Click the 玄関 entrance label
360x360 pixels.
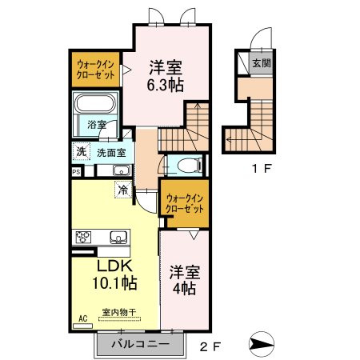click(262, 63)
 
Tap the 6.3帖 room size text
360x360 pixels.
click(166, 85)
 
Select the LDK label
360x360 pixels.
click(114, 266)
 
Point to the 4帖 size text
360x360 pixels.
click(184, 288)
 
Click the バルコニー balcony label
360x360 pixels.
click(140, 344)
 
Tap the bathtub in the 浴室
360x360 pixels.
click(95, 103)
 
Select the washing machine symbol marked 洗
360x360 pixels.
click(82, 151)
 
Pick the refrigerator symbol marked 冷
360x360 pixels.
click(123, 190)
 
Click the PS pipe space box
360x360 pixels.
click(76, 172)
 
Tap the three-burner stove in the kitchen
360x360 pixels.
click(83, 237)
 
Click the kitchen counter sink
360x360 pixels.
click(118, 237)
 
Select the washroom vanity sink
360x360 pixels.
click(122, 170)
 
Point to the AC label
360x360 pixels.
click(83, 318)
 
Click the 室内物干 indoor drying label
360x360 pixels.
click(119, 312)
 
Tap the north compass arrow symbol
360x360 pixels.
click(262, 344)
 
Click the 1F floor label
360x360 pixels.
click(262, 169)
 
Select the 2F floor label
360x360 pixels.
click(210, 346)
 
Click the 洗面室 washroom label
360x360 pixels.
click(111, 153)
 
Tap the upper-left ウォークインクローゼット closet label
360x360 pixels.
click(95, 70)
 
